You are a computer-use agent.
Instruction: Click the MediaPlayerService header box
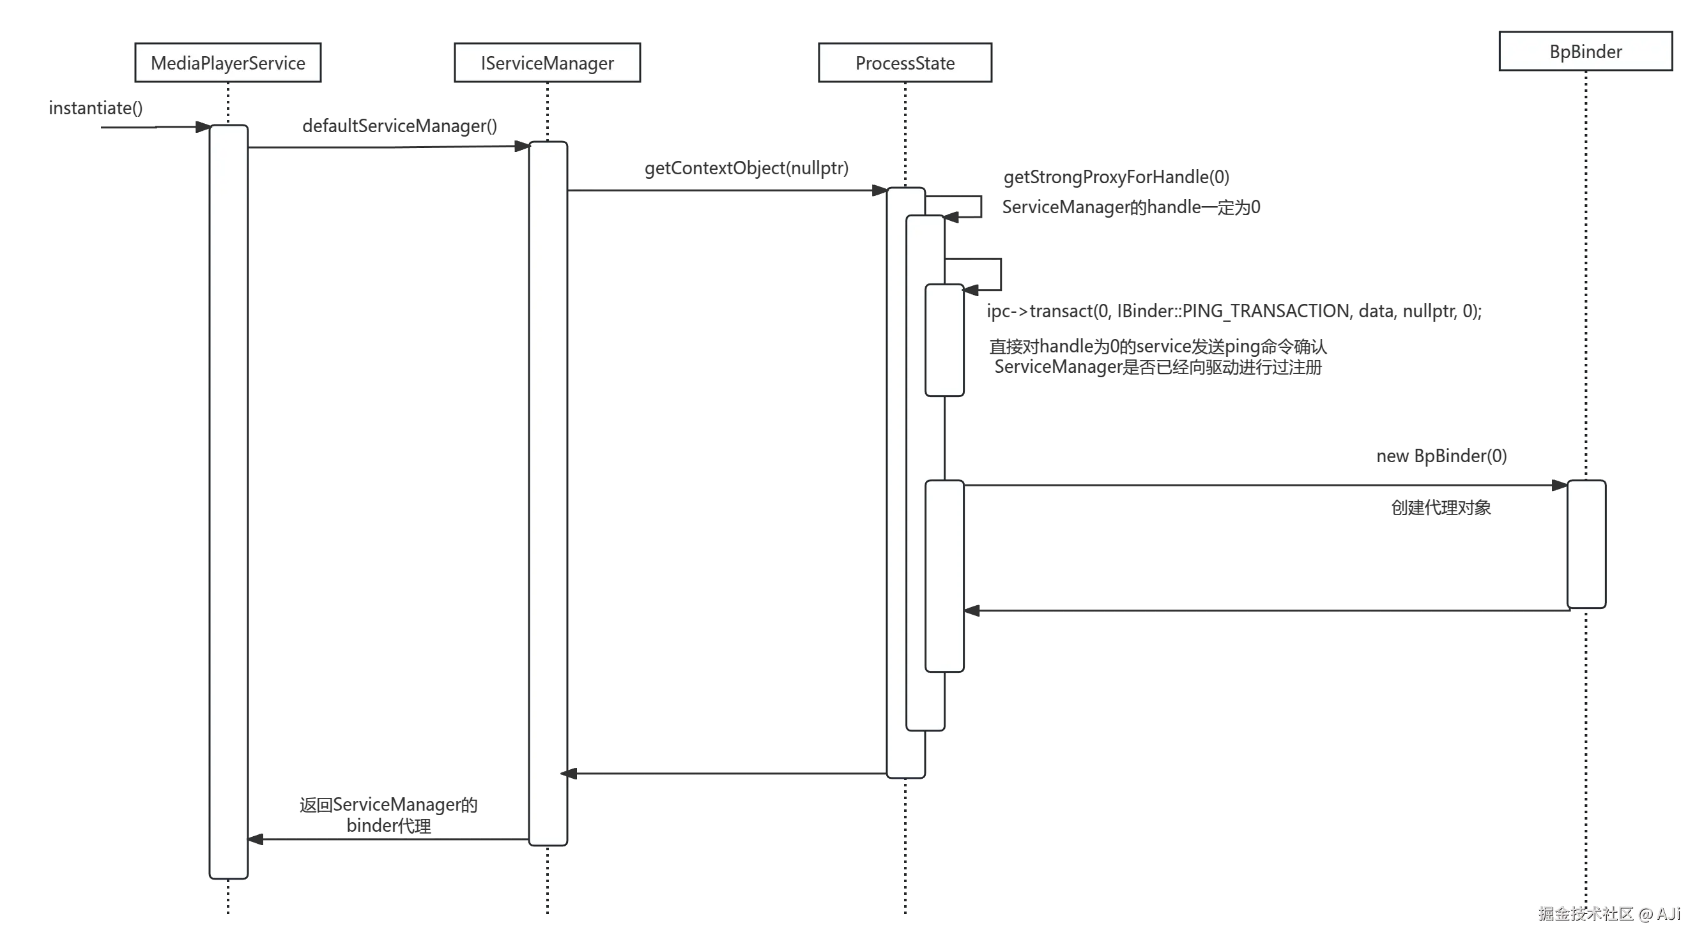(x=227, y=63)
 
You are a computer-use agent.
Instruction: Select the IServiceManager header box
(x=547, y=63)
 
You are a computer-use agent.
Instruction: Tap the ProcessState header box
(x=905, y=63)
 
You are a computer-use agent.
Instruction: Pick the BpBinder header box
(x=1585, y=52)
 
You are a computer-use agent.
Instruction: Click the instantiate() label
(x=95, y=108)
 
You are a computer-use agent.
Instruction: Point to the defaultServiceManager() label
(x=400, y=126)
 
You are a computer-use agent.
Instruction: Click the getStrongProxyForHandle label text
(x=1116, y=177)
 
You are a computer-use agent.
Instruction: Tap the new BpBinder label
(x=1441, y=456)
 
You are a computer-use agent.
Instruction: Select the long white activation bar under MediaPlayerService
(x=229, y=502)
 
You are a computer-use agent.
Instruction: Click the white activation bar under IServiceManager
(x=547, y=493)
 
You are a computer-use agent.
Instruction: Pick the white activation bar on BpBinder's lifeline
(x=1586, y=543)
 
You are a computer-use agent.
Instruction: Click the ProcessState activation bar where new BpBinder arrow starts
(x=944, y=575)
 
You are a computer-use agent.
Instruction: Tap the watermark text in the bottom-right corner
(x=1608, y=913)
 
